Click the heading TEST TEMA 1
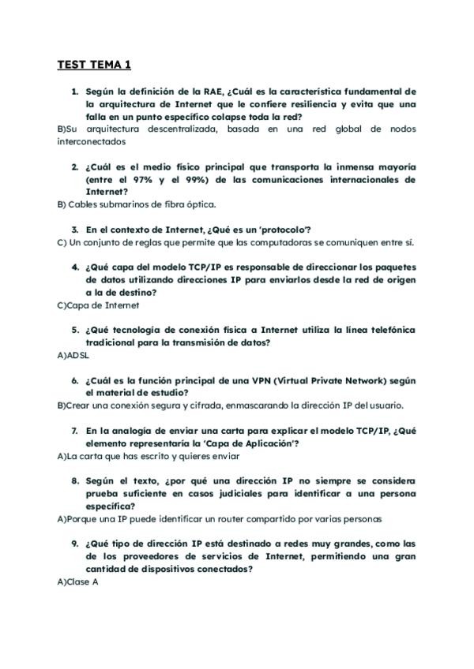point(94,65)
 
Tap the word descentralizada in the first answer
point(180,129)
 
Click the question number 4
point(74,267)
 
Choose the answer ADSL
point(73,355)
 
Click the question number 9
point(74,544)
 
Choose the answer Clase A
point(77,581)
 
